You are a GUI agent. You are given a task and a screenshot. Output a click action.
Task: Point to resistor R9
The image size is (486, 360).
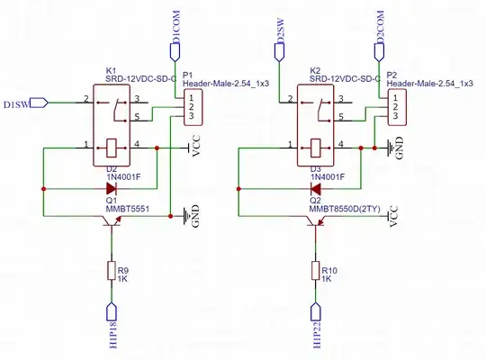[112, 270]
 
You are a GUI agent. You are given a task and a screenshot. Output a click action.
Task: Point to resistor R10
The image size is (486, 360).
[316, 270]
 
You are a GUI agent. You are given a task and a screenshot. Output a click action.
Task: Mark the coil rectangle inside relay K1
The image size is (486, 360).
[110, 146]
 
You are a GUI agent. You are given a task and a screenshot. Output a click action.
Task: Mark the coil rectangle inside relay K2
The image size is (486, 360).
[314, 146]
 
